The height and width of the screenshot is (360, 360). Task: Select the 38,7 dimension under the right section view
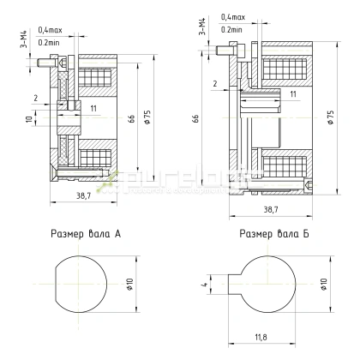tap(269, 209)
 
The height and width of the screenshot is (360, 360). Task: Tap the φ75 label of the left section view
tap(147, 117)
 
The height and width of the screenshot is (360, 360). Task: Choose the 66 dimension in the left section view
tap(131, 118)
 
